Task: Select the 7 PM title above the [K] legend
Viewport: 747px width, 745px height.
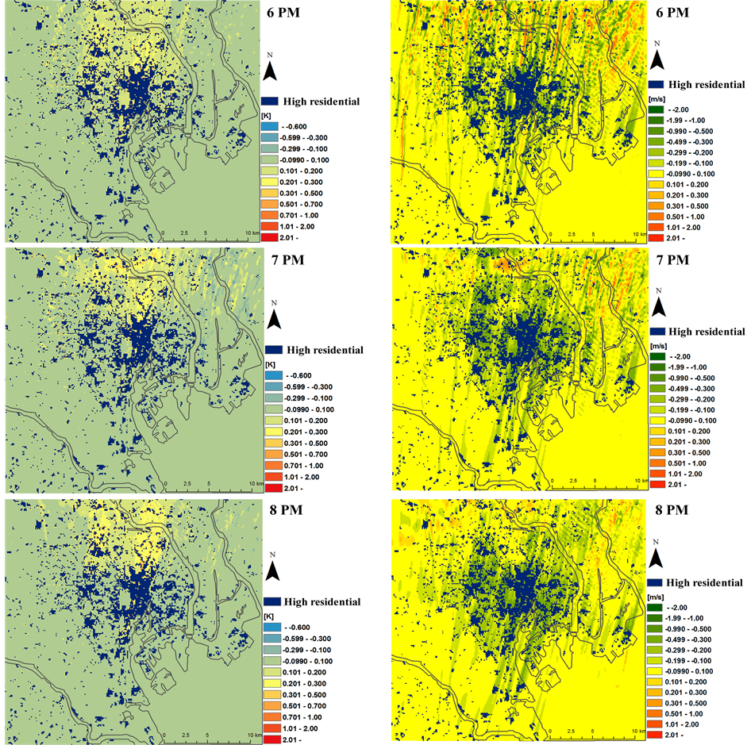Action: coord(289,259)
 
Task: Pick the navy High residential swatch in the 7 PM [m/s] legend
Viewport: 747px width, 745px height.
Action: coord(656,331)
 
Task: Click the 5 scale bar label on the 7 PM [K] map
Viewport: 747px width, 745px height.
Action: coord(208,482)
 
